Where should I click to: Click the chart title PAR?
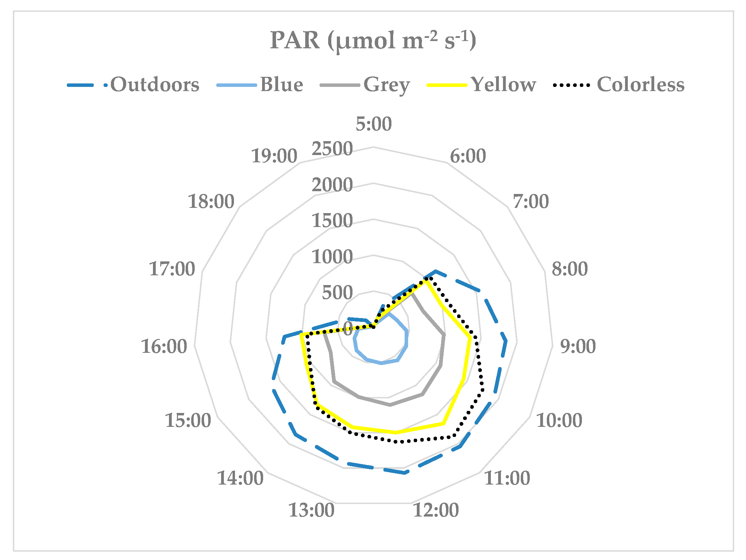pos(373,41)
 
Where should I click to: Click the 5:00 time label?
pos(373,124)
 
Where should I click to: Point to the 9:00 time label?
pos(578,346)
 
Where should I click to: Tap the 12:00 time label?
pos(436,510)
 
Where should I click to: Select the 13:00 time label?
pos(311,510)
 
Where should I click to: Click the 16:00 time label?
pos(164,346)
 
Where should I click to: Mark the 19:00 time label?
pos(274,156)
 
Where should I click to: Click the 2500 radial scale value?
pos(332,149)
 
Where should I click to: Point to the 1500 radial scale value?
pos(332,221)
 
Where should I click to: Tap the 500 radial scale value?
pos(337,293)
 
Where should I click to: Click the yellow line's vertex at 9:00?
pos(471,338)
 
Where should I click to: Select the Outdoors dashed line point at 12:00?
pos(405,473)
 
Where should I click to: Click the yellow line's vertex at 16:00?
pos(301,335)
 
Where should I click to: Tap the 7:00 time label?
pos(530,201)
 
